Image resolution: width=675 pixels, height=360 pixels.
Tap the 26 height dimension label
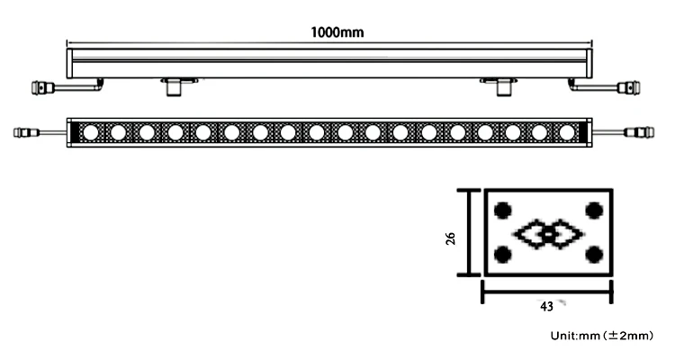451,237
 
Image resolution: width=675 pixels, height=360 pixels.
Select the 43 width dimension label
546,305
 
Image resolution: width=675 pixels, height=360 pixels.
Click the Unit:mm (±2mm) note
601,336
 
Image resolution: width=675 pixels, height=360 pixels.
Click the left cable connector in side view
42,87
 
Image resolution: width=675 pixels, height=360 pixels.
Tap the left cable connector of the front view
25,133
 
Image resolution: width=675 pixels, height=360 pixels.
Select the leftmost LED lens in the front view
90,132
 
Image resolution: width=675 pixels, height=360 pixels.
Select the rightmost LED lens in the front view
566,132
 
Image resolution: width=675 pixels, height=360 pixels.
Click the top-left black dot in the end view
503,211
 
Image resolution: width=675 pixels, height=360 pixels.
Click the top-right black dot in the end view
593,211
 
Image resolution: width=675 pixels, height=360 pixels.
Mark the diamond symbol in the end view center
548,234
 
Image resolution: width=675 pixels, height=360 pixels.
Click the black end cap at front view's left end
73,132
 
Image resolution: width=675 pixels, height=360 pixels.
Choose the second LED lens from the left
118,132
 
